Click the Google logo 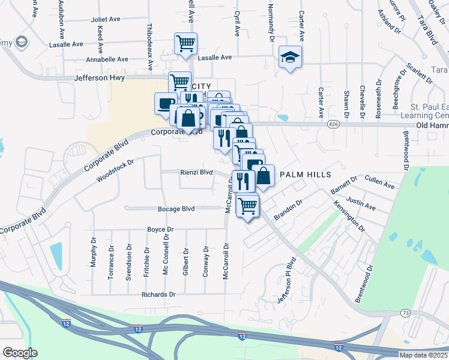coord(20,353)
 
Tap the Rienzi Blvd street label coord(197,172)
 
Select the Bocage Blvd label coord(176,209)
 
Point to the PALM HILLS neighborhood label coord(306,174)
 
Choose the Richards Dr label coord(158,295)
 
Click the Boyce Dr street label coord(160,229)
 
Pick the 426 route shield coord(334,124)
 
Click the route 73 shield coord(406,313)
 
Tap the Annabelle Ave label coord(107,59)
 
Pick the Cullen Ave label coord(379,182)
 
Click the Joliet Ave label coord(106,19)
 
